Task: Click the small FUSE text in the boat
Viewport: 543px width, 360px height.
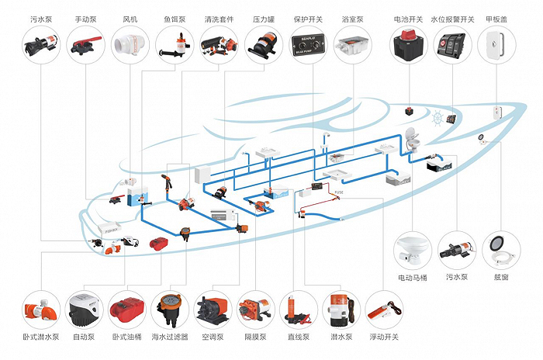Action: pyautogui.click(x=339, y=192)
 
